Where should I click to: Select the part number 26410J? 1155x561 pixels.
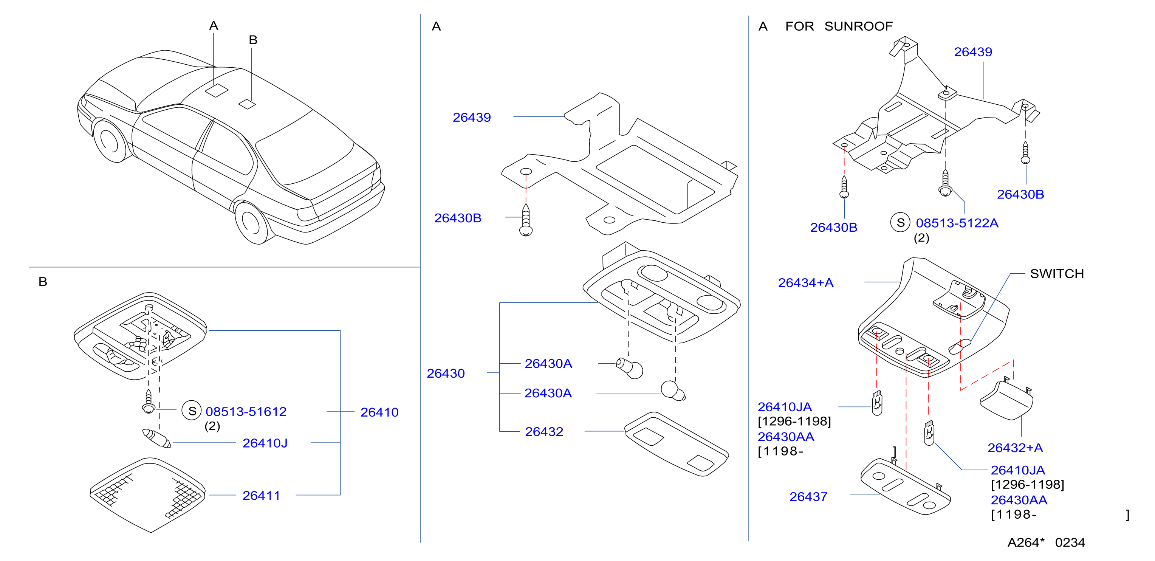click(265, 443)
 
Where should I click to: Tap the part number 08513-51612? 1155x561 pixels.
click(246, 412)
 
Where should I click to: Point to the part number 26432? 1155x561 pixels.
click(544, 431)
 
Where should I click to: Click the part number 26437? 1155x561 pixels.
click(808, 497)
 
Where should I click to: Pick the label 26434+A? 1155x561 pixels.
click(806, 283)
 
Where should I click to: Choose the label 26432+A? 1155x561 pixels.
click(1015, 448)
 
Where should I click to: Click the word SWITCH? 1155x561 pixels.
click(1057, 274)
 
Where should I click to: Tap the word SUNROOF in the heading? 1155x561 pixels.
click(859, 26)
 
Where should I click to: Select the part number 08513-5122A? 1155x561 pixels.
click(957, 223)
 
